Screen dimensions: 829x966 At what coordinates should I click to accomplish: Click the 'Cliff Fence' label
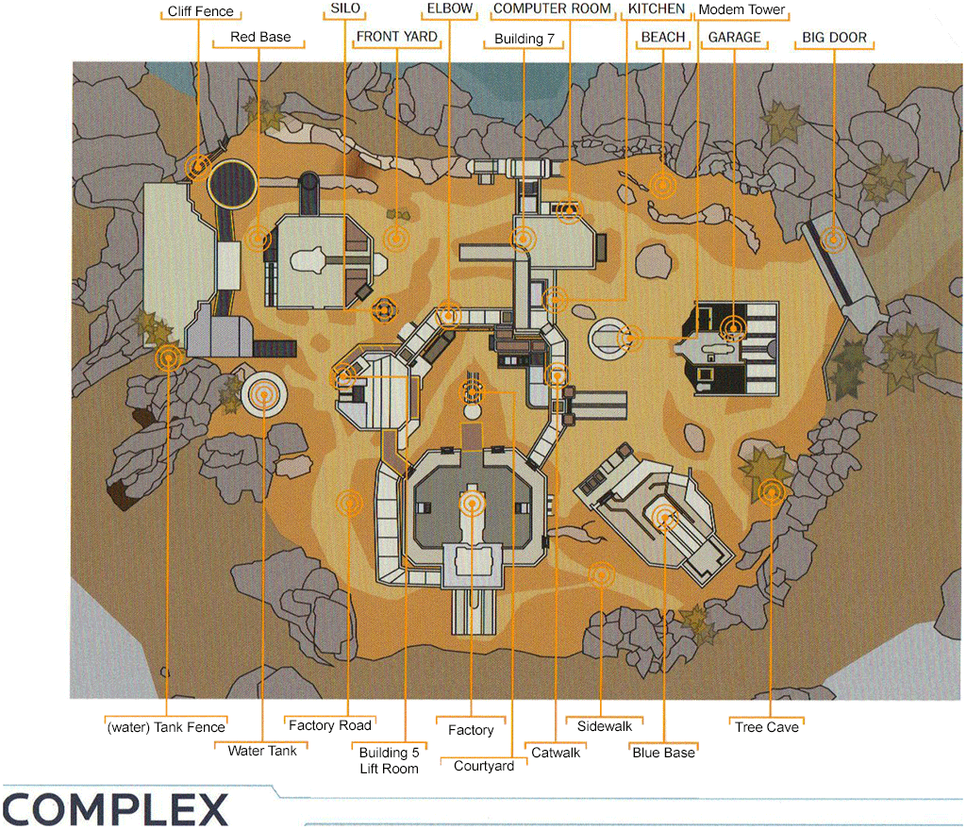[x=200, y=12]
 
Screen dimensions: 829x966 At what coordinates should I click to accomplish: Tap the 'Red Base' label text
[x=260, y=38]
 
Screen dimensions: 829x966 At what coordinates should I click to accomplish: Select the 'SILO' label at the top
[x=346, y=8]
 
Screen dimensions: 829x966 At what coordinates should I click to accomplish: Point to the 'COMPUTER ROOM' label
[x=553, y=8]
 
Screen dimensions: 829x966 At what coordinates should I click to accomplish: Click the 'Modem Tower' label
[x=741, y=10]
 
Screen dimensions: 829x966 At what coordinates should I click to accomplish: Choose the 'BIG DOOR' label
[x=834, y=38]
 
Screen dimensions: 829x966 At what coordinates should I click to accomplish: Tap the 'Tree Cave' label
[x=767, y=727]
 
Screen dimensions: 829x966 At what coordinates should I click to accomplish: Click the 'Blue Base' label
[x=663, y=753]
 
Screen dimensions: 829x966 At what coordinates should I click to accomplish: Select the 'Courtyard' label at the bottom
[x=484, y=766]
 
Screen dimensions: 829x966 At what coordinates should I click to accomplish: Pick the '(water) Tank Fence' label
[x=166, y=727]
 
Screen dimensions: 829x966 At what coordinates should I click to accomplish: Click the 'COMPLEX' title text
[x=114, y=809]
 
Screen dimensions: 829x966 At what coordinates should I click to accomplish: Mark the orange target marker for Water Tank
[x=265, y=395]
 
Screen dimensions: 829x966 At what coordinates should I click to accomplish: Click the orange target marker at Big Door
[x=833, y=240]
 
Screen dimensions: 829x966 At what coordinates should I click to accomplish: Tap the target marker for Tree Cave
[x=772, y=491]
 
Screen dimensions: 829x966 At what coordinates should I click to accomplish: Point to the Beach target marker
[x=662, y=186]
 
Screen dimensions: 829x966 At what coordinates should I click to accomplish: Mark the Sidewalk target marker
[x=600, y=573]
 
